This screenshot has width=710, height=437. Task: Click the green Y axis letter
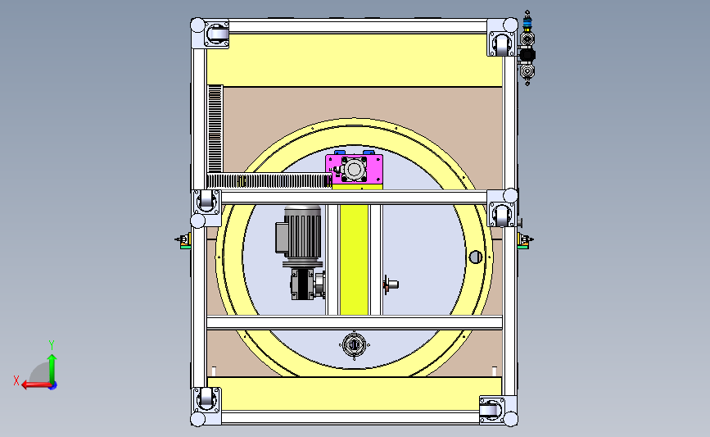click(52, 345)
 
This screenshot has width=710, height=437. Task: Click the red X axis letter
click(16, 380)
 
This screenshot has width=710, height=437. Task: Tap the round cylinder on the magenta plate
click(354, 170)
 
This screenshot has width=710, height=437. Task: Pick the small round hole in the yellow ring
click(475, 257)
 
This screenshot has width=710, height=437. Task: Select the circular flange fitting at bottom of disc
click(354, 345)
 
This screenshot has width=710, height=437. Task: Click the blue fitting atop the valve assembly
click(527, 22)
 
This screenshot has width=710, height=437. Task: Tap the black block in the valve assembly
click(527, 55)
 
